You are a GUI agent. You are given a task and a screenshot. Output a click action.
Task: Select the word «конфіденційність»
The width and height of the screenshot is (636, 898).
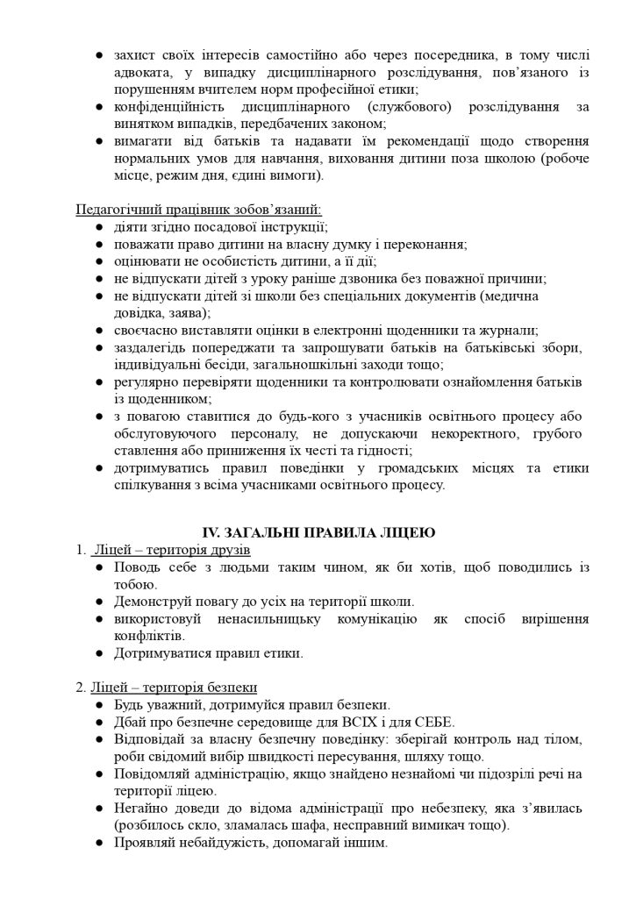pyautogui.click(x=171, y=107)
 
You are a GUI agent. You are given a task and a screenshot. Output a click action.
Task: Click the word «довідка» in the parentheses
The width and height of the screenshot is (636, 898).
pyautogui.click(x=143, y=312)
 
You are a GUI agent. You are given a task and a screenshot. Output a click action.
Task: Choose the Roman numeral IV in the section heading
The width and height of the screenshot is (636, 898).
pyautogui.click(x=211, y=532)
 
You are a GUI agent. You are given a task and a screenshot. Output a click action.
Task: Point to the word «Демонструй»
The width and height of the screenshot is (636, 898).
pyautogui.click(x=154, y=602)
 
